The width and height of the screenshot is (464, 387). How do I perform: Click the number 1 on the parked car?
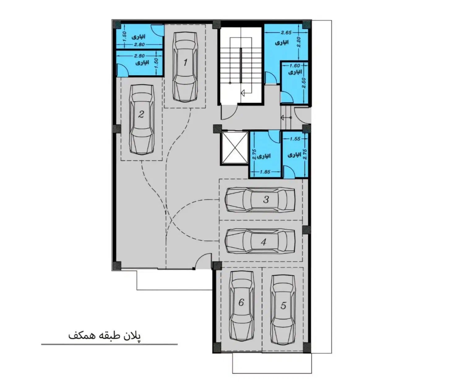185,63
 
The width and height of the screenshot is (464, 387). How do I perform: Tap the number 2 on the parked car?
141,114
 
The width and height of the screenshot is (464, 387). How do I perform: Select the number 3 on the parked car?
266,200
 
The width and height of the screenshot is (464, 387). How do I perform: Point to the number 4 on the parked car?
264,242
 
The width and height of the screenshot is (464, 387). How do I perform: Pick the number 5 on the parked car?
283,306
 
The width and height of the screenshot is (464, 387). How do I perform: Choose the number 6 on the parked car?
241,302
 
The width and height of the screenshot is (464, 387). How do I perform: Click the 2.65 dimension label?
286,33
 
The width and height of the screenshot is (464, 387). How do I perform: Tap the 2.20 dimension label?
299,42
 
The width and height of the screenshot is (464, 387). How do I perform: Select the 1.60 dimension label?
295,65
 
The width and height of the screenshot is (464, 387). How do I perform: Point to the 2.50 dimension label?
304,83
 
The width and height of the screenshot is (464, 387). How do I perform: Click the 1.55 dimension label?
295,139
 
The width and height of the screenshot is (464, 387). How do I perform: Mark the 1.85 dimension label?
265,172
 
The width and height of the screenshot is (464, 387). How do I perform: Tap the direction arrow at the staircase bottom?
243,93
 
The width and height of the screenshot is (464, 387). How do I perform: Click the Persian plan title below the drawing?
105,336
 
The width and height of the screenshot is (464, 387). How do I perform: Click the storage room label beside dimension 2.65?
282,42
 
